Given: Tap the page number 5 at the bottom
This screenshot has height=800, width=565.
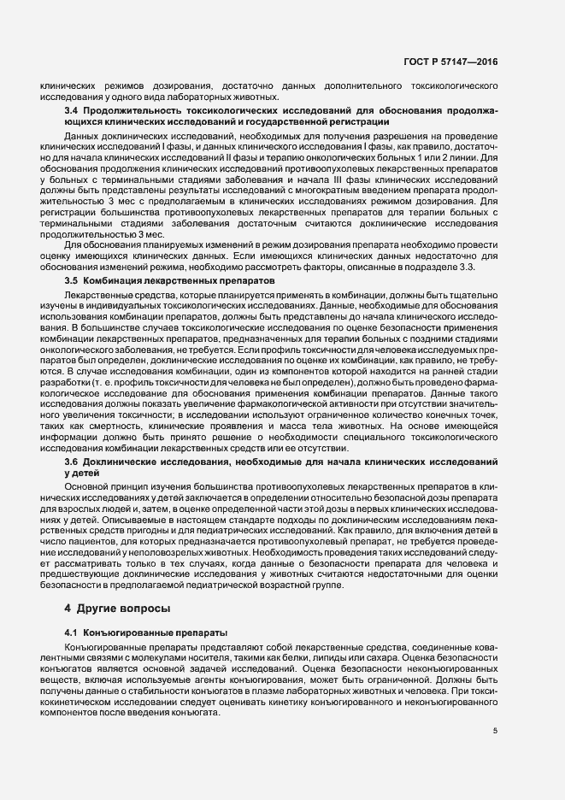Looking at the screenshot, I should coord(495,731).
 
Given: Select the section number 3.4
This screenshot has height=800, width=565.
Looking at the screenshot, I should coord(72,111).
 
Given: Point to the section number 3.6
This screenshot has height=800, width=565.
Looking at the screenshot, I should coord(72,462).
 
